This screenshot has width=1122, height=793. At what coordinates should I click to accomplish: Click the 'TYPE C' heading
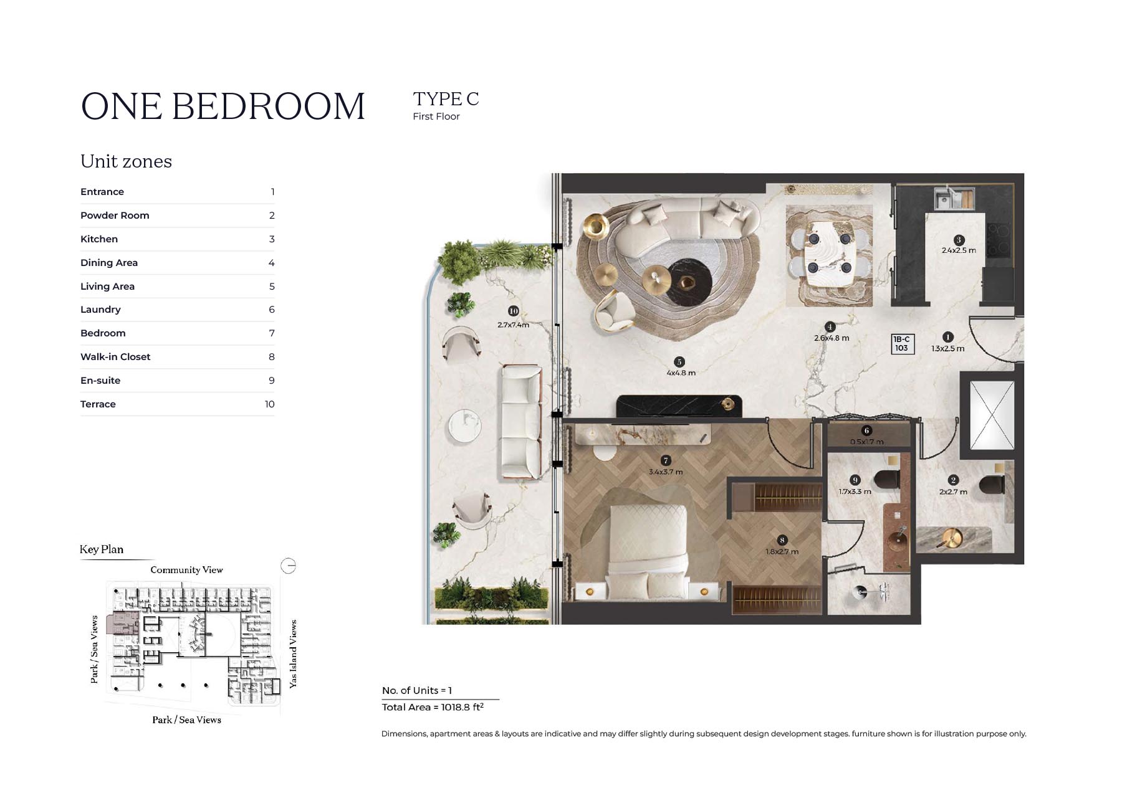(x=446, y=99)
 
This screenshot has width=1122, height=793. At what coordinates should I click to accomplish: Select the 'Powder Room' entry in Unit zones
(x=115, y=216)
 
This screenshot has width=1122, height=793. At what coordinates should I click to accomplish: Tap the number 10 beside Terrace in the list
(x=269, y=404)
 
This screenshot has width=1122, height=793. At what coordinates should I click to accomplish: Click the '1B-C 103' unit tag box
(x=902, y=344)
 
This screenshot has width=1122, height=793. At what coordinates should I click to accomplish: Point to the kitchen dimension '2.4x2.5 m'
(x=959, y=250)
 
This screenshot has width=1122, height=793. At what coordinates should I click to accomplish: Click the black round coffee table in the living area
(x=689, y=282)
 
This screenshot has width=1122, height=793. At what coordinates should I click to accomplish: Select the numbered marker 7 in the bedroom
(x=666, y=460)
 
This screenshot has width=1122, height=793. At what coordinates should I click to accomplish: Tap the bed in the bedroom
(x=648, y=551)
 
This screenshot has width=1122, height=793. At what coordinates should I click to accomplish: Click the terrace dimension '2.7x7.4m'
(x=513, y=325)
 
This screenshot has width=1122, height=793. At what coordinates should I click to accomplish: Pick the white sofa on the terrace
(x=520, y=422)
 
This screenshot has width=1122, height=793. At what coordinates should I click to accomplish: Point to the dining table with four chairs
(x=829, y=255)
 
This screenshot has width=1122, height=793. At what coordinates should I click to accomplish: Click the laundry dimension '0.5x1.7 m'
(x=866, y=442)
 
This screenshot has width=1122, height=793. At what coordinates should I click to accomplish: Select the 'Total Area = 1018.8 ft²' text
(x=433, y=707)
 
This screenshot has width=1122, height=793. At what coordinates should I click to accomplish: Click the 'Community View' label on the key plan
(x=186, y=570)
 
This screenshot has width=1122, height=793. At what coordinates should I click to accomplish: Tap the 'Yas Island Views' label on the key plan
(x=293, y=654)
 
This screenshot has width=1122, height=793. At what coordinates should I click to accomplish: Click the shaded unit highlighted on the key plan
(x=122, y=623)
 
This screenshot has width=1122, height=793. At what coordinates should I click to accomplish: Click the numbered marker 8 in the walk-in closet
(x=782, y=540)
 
